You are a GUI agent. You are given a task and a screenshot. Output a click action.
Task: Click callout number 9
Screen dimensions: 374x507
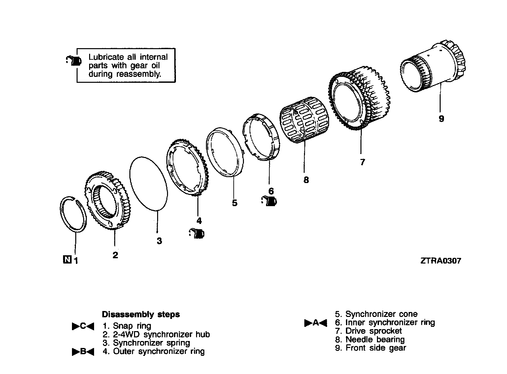point(441,119)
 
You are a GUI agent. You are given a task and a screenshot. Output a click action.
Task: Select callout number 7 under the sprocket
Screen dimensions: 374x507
point(362,162)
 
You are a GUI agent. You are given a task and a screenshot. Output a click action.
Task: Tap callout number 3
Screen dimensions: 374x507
point(159,241)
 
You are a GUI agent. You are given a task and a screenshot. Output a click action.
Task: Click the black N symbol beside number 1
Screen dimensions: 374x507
point(66,260)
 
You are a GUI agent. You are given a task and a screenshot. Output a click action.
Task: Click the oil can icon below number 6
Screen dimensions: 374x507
point(270,201)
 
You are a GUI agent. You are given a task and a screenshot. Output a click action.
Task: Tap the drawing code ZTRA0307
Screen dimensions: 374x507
point(440,261)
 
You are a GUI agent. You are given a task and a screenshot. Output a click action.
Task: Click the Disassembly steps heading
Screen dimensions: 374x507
point(141,314)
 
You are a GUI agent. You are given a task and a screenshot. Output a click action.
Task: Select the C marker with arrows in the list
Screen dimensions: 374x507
point(83,326)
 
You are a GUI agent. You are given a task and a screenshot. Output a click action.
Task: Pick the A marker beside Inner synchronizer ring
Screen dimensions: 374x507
point(316,323)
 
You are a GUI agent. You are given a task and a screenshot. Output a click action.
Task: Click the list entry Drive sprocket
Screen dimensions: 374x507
point(373,331)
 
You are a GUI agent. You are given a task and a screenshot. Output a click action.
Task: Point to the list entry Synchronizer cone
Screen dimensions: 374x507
point(381,314)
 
